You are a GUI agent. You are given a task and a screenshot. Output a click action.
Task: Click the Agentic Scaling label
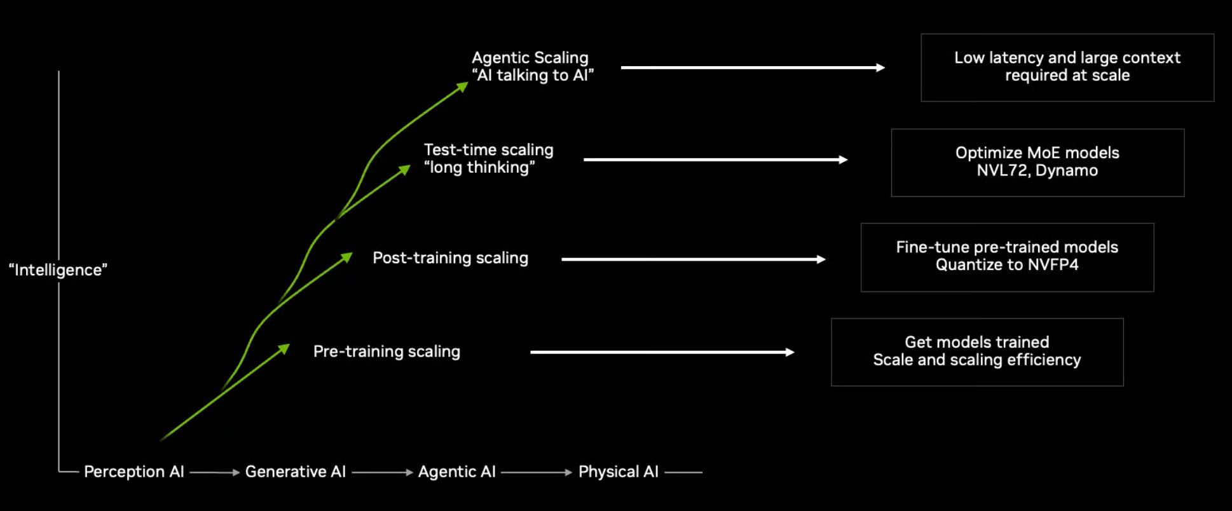click(x=531, y=66)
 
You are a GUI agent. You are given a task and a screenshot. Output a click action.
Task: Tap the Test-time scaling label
click(x=488, y=158)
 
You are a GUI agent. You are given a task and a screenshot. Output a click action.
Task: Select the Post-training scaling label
click(x=450, y=257)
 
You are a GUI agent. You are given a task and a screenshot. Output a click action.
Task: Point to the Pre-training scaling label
click(x=387, y=351)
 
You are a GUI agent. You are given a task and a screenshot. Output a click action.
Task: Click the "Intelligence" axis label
click(x=58, y=270)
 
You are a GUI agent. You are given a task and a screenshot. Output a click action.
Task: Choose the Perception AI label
click(x=133, y=472)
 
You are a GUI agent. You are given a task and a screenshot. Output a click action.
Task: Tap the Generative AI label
click(x=296, y=472)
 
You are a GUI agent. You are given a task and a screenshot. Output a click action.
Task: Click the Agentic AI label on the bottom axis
click(x=456, y=472)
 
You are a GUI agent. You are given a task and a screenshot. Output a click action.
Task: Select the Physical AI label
click(x=618, y=472)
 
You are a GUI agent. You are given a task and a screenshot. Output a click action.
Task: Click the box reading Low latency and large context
click(x=1067, y=67)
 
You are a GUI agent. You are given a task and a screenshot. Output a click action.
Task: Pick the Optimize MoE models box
click(x=1037, y=162)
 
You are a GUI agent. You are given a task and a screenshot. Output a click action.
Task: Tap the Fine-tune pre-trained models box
click(x=1007, y=257)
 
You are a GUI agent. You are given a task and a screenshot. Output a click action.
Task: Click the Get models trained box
click(x=976, y=351)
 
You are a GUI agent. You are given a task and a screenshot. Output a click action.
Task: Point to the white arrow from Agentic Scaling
click(x=752, y=67)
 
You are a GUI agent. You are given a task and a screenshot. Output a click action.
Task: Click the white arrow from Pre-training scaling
click(x=662, y=352)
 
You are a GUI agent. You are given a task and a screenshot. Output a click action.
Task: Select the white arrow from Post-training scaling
click(x=693, y=259)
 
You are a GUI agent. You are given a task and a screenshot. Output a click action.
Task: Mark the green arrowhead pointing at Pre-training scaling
click(x=284, y=348)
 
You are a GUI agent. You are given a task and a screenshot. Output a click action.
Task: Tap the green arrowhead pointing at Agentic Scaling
click(x=462, y=86)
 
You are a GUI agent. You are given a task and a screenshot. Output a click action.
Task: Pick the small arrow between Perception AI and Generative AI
click(x=214, y=472)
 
